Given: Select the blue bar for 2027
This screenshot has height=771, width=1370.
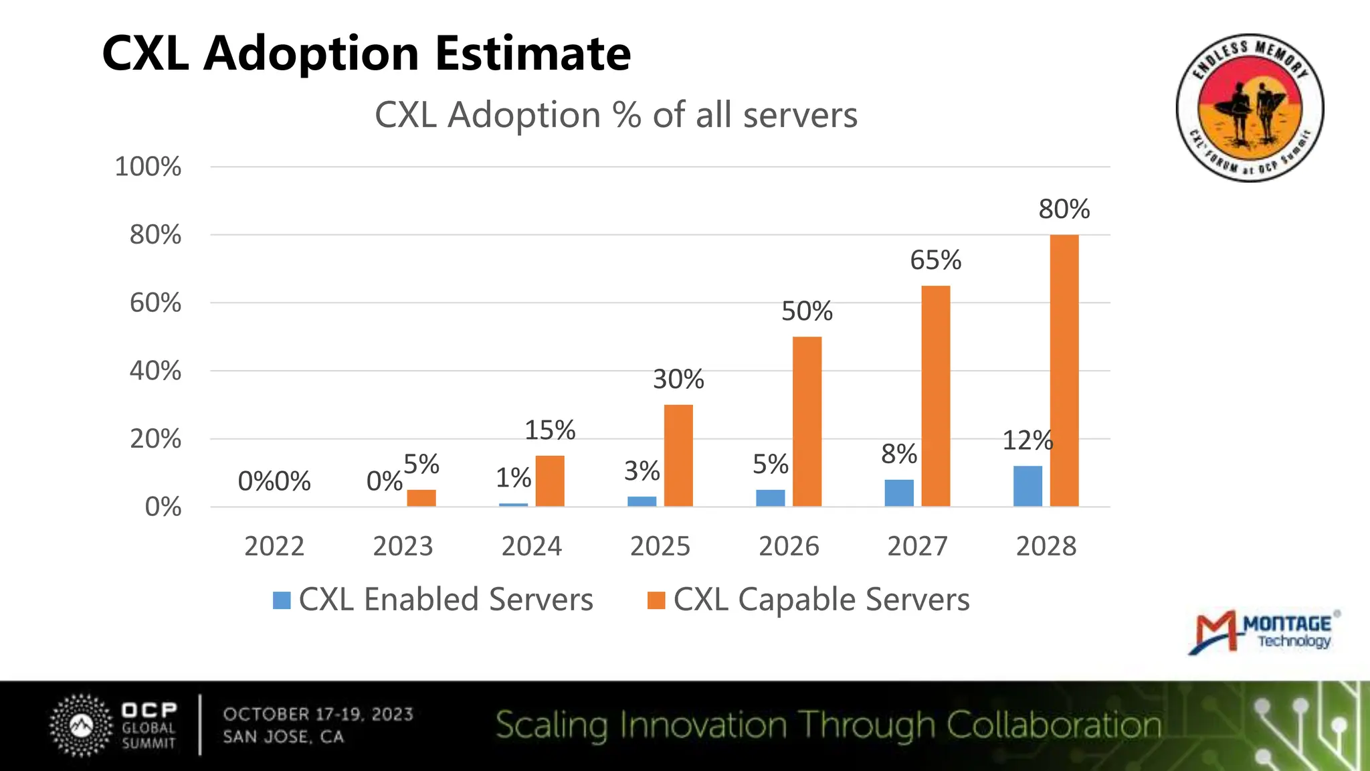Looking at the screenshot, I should click(898, 493).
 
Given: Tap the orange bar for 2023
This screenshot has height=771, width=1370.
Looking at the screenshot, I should click(421, 498).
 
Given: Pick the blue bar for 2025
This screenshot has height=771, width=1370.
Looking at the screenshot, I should click(642, 501).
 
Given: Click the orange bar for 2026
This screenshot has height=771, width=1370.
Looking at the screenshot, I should click(807, 421).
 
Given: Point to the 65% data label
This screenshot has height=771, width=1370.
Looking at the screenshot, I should click(935, 260).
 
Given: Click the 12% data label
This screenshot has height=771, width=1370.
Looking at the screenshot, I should click(1027, 440).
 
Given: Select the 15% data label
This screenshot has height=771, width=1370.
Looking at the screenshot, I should click(549, 430).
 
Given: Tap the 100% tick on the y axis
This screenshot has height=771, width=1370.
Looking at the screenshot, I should click(148, 167).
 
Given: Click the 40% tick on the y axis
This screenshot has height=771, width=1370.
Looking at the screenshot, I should click(155, 371).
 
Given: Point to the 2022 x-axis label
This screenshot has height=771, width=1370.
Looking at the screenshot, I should click(274, 546).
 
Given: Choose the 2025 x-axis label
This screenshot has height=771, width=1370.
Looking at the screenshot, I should click(660, 546).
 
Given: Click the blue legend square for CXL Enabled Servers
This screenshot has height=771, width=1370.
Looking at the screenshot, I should click(282, 600).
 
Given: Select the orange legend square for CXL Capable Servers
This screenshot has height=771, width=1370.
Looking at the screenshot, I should click(656, 600).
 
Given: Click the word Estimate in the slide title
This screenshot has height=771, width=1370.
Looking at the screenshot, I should click(533, 54).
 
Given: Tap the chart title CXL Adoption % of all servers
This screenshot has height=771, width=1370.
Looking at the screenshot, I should click(615, 115).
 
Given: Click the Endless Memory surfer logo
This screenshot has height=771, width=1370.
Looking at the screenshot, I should click(1250, 108).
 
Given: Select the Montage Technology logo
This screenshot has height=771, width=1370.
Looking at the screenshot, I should click(1263, 632).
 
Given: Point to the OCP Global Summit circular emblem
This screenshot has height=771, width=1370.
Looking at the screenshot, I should click(82, 725).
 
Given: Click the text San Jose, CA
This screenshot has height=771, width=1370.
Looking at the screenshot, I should click(283, 737).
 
